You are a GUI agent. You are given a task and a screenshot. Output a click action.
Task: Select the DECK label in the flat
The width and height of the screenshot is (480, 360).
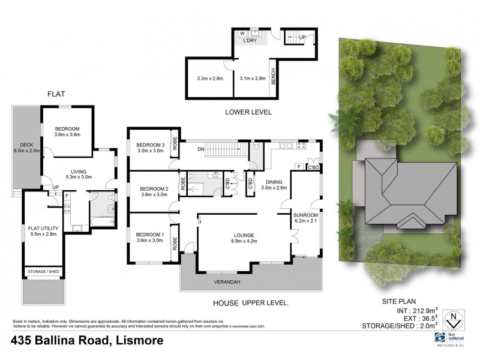pyautogui.click(x=26, y=145)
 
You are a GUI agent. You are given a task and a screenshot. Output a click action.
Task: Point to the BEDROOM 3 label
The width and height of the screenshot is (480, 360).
pyautogui.click(x=150, y=145)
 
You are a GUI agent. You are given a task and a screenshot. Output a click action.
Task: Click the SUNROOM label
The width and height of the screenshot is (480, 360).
pyautogui.click(x=305, y=214)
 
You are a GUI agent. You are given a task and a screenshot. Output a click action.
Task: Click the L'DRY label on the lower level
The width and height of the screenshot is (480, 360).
pyautogui.click(x=250, y=40)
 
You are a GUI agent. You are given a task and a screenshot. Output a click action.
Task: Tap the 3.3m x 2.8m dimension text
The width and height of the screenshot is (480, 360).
pyautogui.click(x=209, y=79)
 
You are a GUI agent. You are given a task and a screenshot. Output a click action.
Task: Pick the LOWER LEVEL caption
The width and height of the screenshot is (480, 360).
pyautogui.click(x=248, y=112)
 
